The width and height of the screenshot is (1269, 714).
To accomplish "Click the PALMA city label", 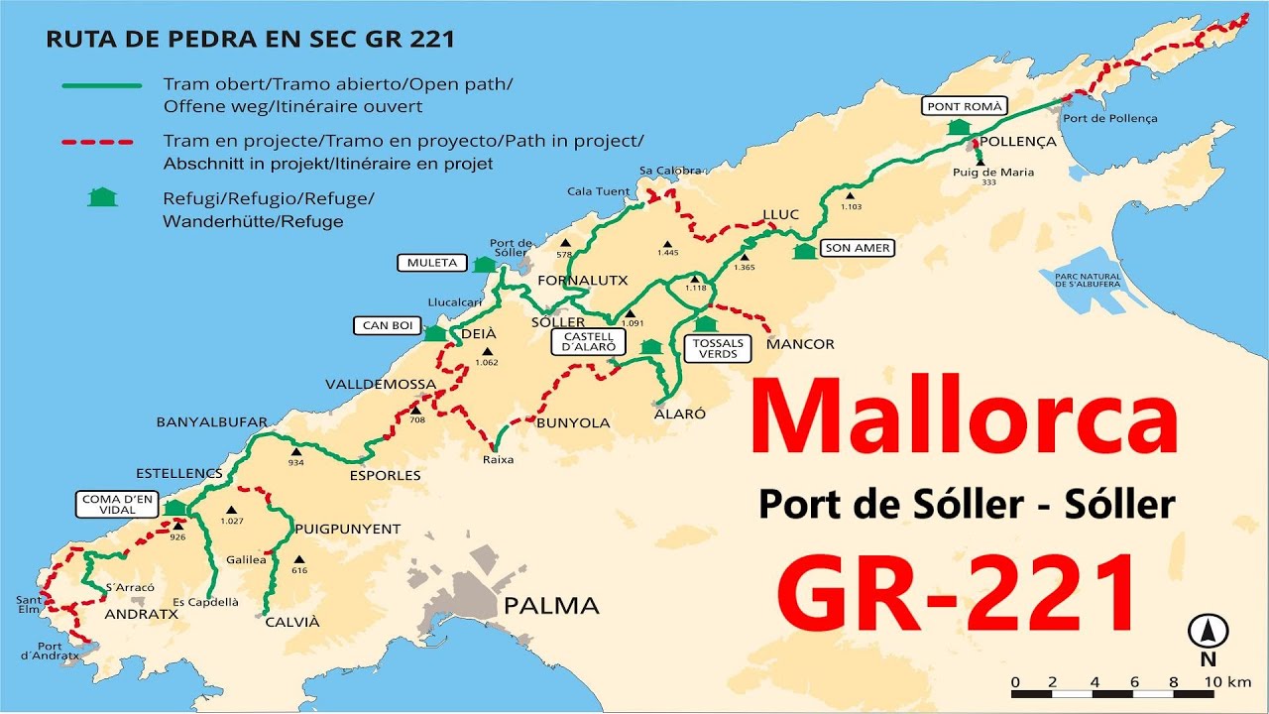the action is pyautogui.click(x=551, y=605).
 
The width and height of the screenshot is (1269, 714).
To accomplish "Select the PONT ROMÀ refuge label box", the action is pyautogui.click(x=965, y=106).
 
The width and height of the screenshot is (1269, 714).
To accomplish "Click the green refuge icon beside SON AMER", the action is pyautogui.click(x=804, y=250).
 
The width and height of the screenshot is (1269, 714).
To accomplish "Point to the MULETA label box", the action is pyautogui.click(x=431, y=263).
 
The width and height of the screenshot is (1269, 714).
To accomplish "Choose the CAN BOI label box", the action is pyautogui.click(x=388, y=325).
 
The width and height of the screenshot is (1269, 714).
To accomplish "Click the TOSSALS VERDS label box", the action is pyautogui.click(x=718, y=349).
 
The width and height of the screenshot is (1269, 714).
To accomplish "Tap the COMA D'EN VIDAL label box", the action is pyautogui.click(x=118, y=505).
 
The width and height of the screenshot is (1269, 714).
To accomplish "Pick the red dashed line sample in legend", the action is pyautogui.click(x=97, y=142).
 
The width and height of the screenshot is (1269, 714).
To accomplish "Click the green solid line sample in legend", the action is pyautogui.click(x=101, y=85).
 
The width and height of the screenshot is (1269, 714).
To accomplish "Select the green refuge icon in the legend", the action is pyautogui.click(x=101, y=197).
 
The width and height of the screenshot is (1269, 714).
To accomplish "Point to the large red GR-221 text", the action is pyautogui.click(x=956, y=596).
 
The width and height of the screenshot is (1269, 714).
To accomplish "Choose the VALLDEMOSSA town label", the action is pyautogui.click(x=380, y=385).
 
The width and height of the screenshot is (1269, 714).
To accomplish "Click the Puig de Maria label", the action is pyautogui.click(x=980, y=172).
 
